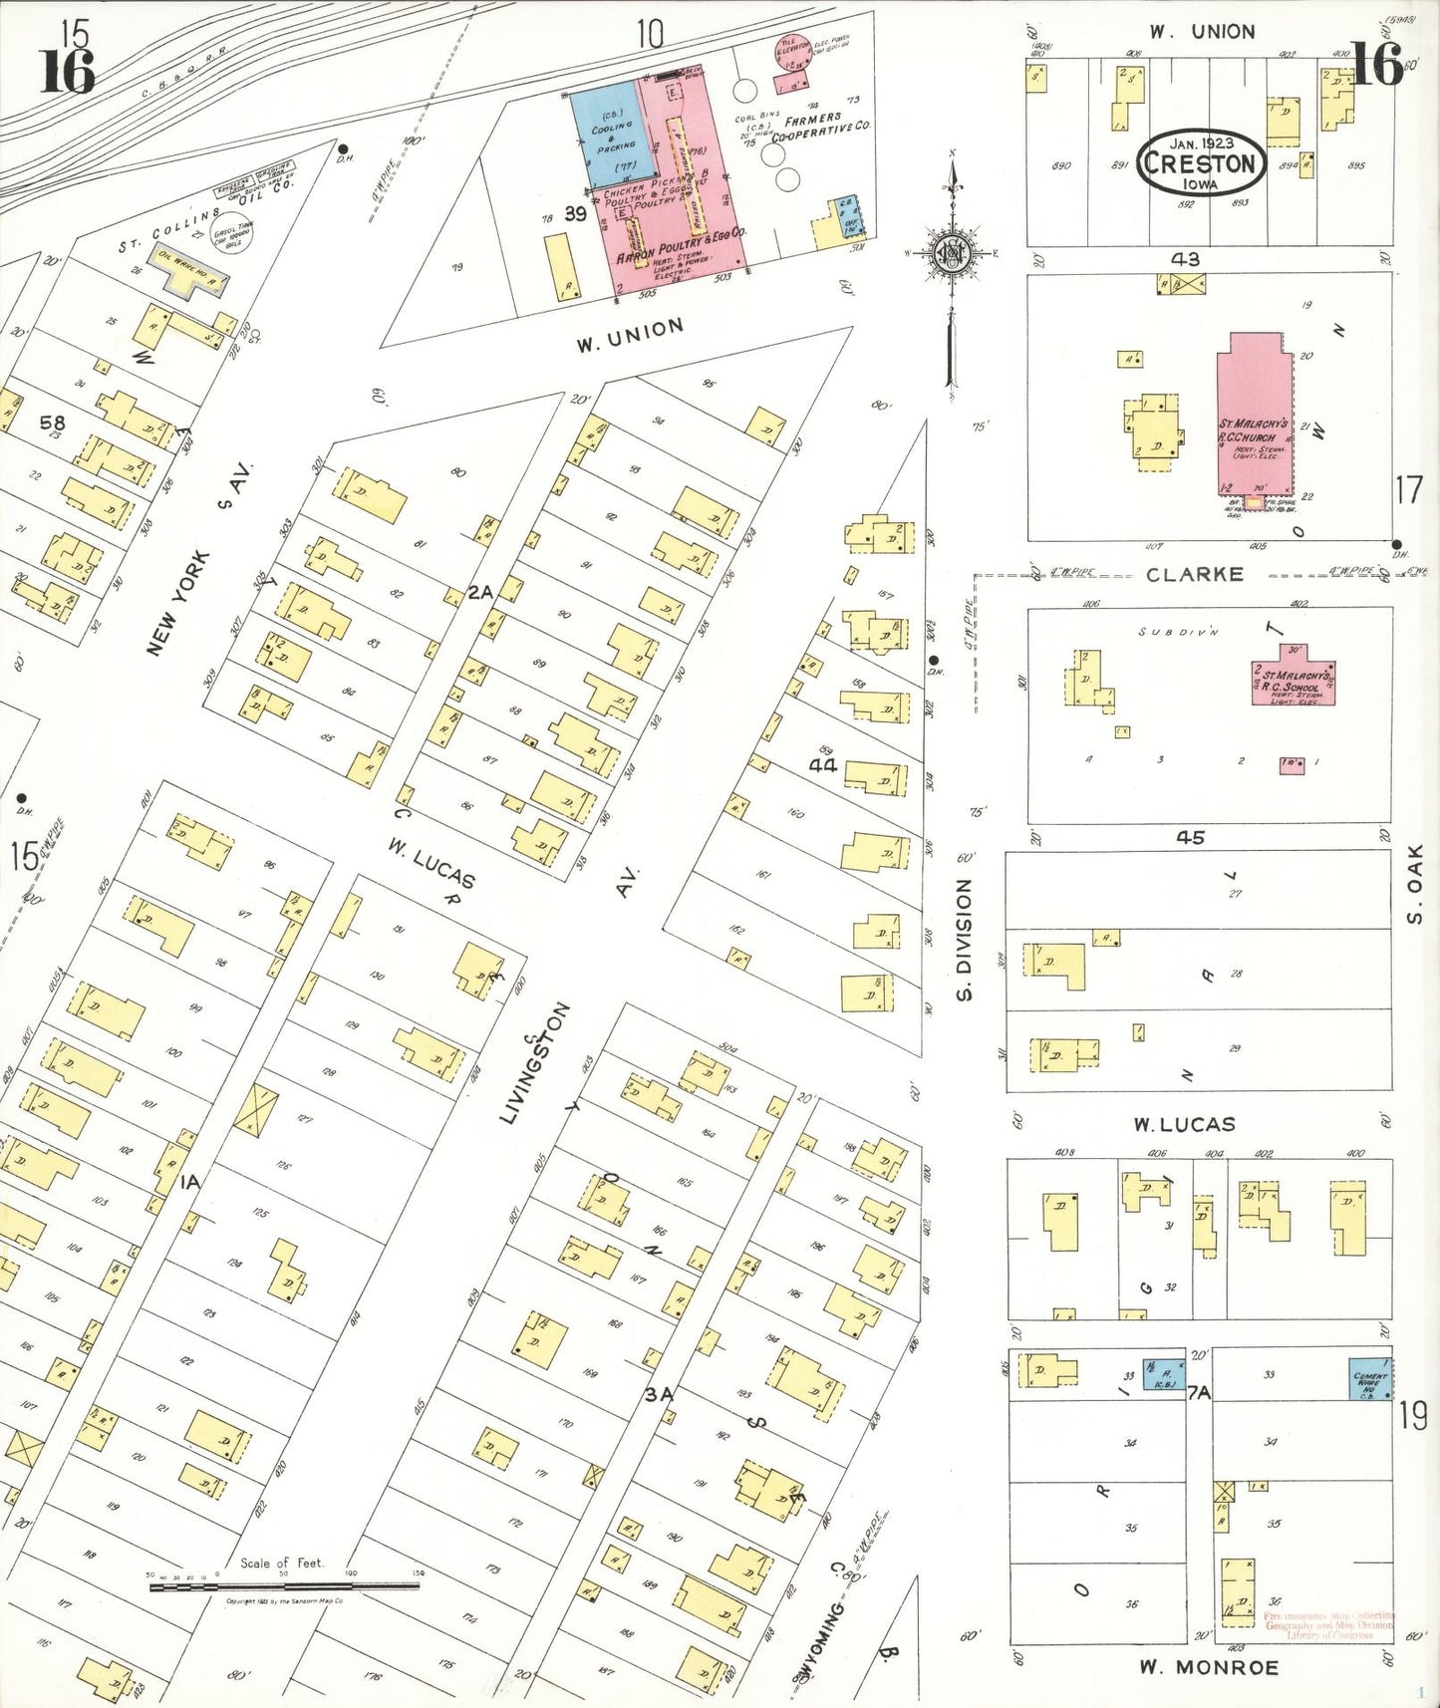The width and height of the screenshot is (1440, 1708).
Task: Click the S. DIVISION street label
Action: (x=964, y=939)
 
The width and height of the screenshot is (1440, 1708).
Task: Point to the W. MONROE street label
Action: (x=1209, y=1667)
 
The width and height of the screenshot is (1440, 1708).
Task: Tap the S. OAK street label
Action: (x=1415, y=883)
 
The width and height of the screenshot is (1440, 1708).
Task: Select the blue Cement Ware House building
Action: (x=1369, y=1379)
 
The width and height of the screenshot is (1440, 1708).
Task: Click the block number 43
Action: (x=1185, y=259)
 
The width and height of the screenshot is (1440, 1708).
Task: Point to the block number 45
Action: (x=1190, y=837)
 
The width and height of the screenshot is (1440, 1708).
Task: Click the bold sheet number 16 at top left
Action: (x=68, y=72)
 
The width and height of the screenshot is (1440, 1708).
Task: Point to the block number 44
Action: (x=823, y=764)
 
